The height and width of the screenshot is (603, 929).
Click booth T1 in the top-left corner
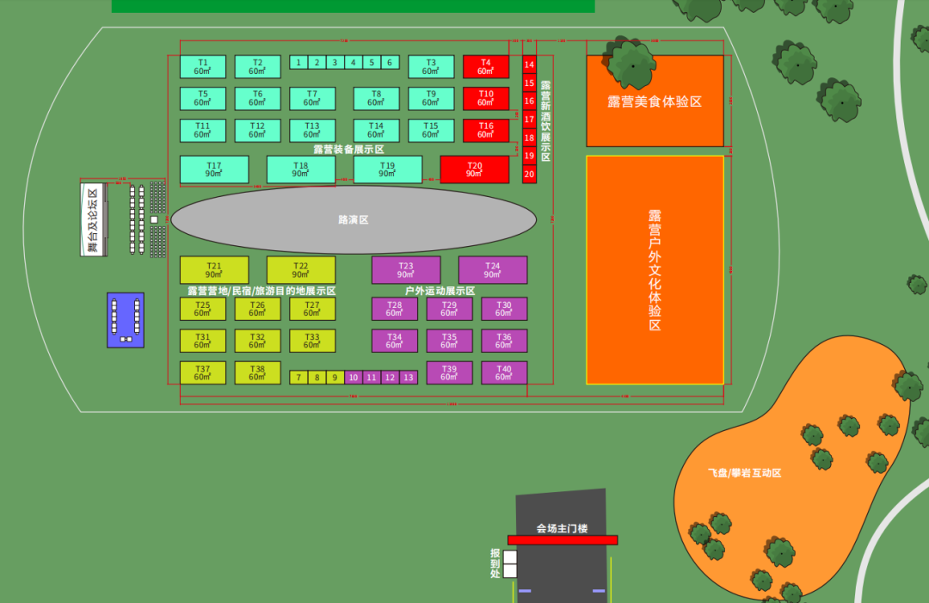[202, 67]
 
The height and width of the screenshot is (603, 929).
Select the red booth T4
[486, 67]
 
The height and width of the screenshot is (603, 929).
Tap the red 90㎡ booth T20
[474, 169]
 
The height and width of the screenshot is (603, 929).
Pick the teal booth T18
[300, 169]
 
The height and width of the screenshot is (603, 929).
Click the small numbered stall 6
[389, 62]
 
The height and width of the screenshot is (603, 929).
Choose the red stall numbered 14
[529, 65]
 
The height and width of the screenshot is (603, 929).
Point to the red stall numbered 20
[529, 174]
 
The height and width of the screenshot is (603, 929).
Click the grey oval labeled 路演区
[354, 220]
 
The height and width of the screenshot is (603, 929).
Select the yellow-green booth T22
[300, 270]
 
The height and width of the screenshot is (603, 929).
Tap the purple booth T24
[492, 270]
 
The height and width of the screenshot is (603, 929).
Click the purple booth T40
[503, 372]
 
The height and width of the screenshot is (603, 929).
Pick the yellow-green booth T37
[202, 372]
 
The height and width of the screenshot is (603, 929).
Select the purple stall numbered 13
[408, 378]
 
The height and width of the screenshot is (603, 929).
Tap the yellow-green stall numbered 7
[298, 378]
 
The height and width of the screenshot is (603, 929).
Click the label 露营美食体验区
[655, 102]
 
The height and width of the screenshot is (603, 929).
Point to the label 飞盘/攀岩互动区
[744, 473]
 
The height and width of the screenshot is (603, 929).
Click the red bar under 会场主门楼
[563, 540]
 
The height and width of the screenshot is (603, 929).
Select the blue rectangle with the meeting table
[126, 320]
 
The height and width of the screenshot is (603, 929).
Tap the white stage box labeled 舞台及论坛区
[93, 220]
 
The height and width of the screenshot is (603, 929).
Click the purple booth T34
[394, 341]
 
